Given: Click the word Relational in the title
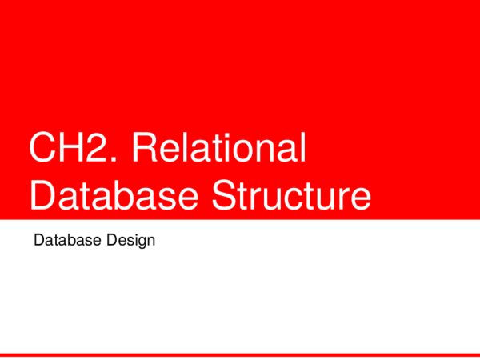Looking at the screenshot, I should (218, 151).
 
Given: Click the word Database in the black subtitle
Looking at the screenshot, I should (65, 240).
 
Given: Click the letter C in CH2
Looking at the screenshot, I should (42, 151).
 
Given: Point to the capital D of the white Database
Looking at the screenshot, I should (42, 195).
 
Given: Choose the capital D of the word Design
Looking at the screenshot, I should (107, 240).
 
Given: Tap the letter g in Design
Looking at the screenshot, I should (137, 242).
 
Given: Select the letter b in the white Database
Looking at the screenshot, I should (128, 195).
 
